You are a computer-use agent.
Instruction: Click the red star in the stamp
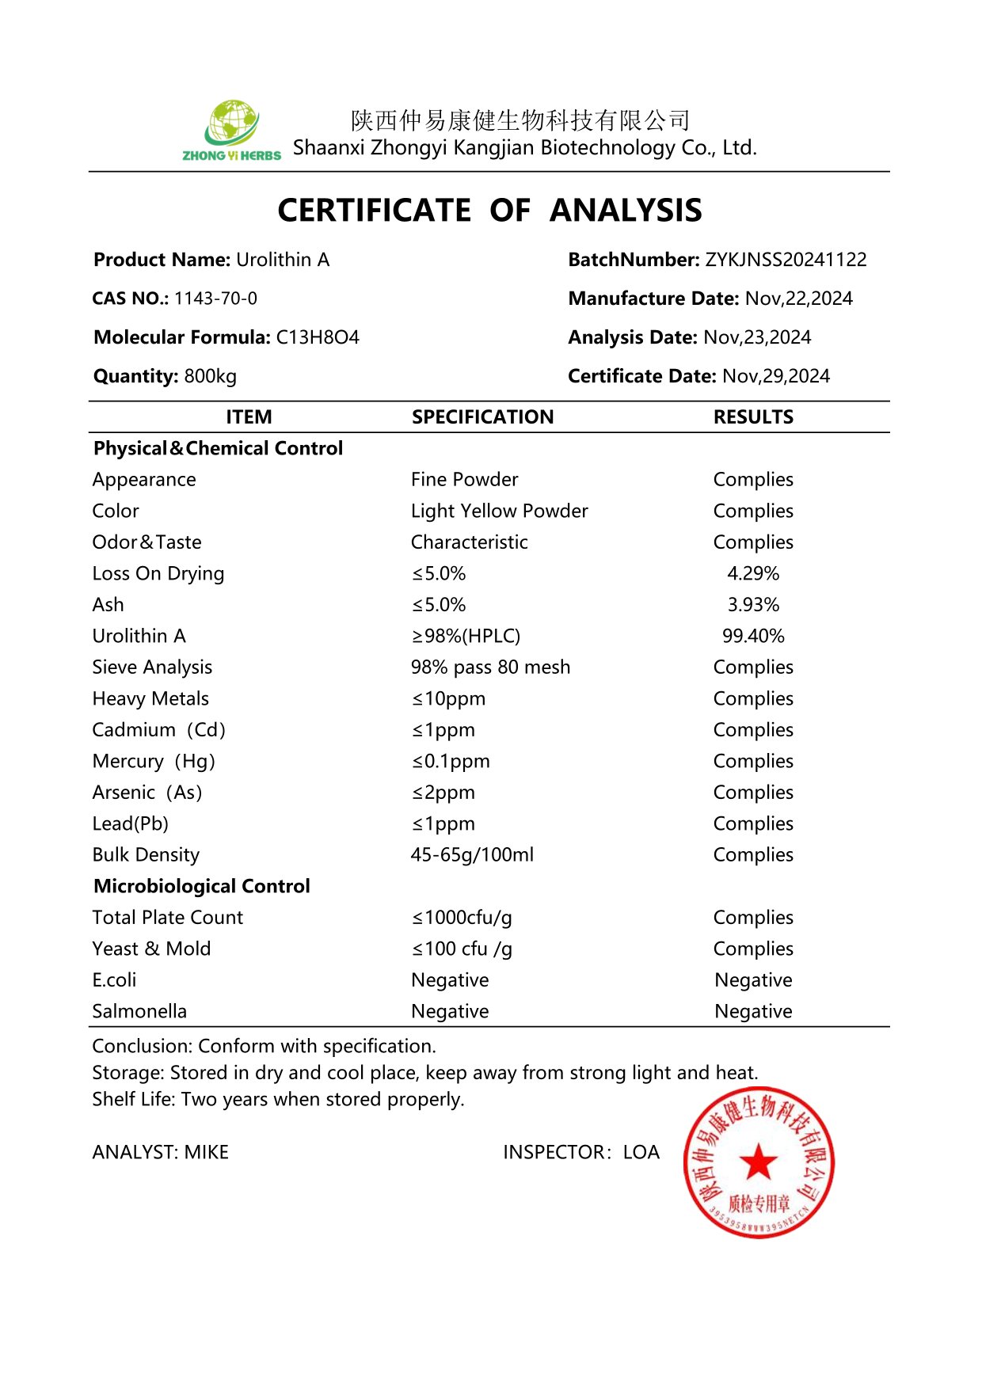[758, 1162]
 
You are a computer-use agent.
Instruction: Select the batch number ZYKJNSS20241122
[786, 260]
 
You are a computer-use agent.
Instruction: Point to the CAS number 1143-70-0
[215, 299]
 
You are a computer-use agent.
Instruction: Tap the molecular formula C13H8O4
[317, 337]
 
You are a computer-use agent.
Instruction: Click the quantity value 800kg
[210, 376]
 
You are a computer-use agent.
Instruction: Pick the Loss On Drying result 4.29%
[753, 573]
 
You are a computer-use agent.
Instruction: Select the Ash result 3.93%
[753, 605]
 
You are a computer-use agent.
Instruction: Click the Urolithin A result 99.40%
[753, 636]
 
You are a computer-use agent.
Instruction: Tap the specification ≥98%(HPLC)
[466, 636]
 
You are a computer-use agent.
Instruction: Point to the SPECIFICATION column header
[482, 417]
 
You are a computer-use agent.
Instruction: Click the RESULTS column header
[753, 417]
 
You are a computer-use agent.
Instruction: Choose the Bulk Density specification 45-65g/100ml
[472, 855]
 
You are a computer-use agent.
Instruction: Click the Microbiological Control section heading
[202, 886]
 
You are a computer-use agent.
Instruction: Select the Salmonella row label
[139, 1011]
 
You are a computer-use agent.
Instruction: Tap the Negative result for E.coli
[753, 980]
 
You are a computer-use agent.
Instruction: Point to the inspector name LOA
[641, 1152]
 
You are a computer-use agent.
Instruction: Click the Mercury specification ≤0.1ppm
[451, 761]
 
